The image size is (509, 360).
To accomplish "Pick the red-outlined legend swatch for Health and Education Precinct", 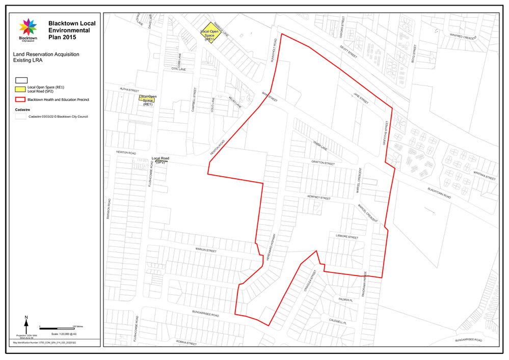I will (21, 100).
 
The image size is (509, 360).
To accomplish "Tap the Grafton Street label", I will (323, 163).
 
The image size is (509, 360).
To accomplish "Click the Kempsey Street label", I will (319, 198).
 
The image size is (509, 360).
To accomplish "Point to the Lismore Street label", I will (347, 238).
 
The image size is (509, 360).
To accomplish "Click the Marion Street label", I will (206, 251).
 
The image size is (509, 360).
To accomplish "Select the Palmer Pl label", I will (345, 300).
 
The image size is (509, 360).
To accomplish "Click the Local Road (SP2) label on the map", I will (160, 160).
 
